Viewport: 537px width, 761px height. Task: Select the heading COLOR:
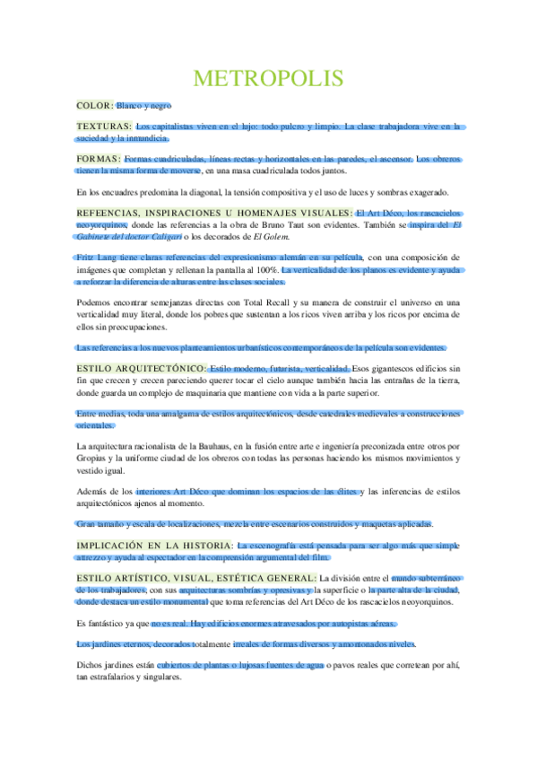point(95,106)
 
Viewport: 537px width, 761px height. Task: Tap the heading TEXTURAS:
point(104,127)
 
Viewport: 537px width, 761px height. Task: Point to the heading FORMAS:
point(100,159)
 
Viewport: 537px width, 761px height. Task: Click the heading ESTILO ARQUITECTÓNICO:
point(142,369)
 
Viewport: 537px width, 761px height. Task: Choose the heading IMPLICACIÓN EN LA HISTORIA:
point(154,545)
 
